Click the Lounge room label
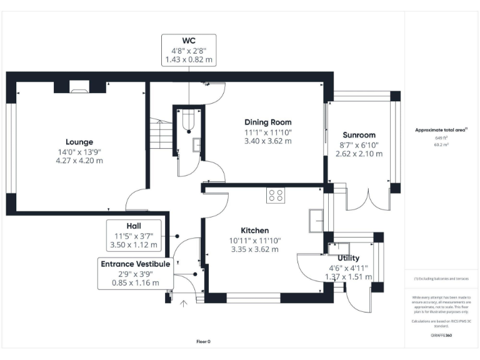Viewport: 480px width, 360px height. [79, 142]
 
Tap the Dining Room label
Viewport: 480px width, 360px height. [267, 122]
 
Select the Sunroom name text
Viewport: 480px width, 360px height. [359, 135]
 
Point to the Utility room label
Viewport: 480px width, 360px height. [348, 258]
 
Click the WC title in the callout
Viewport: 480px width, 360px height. [189, 41]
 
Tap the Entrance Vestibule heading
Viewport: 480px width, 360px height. [135, 264]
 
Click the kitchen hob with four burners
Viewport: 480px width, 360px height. [276, 195]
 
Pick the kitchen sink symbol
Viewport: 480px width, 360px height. [316, 219]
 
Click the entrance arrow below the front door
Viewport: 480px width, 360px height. [183, 305]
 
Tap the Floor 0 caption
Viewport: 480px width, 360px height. [204, 341]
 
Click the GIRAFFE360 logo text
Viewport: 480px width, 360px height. [441, 336]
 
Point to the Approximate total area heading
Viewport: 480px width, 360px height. [441, 130]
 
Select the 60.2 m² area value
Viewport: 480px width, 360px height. [441, 144]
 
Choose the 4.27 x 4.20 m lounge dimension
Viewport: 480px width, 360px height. [79, 161]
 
